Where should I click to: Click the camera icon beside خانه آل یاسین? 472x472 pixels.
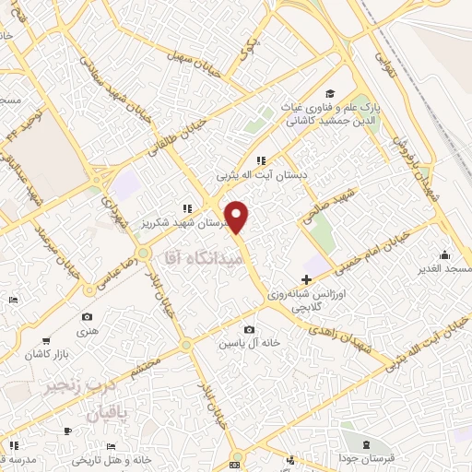coord(249,329)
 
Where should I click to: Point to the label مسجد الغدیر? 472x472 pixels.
coord(444,269)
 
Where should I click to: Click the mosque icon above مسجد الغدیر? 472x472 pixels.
coord(445,254)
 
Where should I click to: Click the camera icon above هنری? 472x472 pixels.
coord(87,316)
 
